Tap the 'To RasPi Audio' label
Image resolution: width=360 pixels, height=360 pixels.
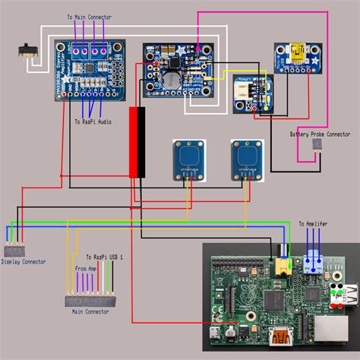click(95, 121)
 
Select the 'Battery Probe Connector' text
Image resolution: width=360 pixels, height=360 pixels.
click(319, 134)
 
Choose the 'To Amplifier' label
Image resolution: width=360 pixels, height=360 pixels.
click(312, 225)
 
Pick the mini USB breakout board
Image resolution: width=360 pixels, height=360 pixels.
click(292, 58)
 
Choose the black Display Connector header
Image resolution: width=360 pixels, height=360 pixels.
click(14, 250)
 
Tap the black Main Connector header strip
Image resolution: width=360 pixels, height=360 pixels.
click(91, 300)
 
